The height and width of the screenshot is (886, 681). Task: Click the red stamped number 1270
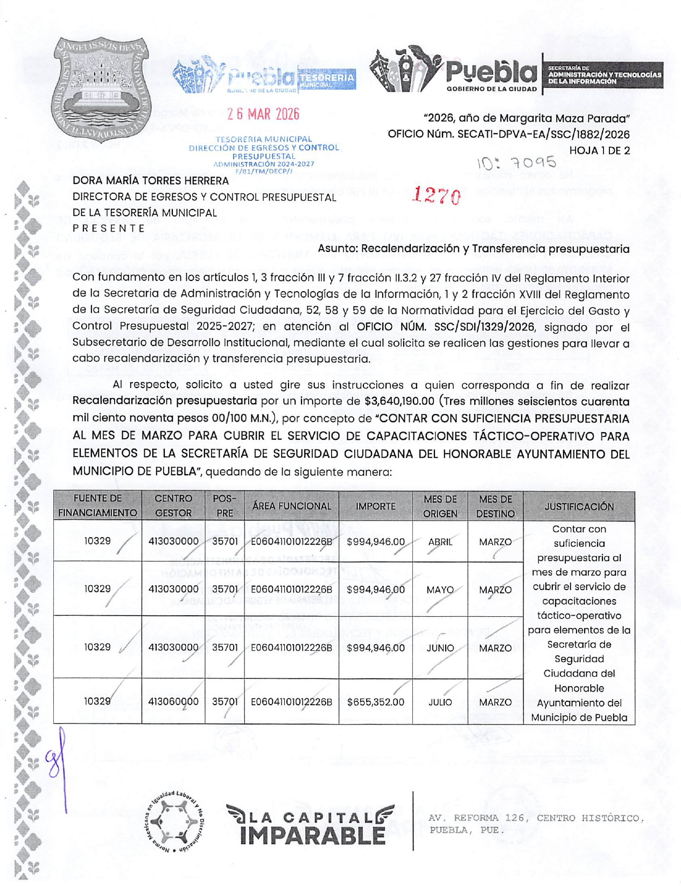point(437,196)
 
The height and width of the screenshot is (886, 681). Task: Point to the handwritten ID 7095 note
point(516,163)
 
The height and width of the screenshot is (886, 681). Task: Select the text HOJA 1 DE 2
point(599,151)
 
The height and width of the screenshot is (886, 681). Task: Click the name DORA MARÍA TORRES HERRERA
point(151,181)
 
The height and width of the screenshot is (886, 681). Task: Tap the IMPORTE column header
point(375,506)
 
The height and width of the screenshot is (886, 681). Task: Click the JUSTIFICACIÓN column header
point(579,506)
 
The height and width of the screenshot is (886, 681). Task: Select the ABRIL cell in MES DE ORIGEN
point(440,542)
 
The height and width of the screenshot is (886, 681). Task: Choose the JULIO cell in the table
point(440,702)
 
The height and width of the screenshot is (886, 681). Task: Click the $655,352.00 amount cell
point(375,702)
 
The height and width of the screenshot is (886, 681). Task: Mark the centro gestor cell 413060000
point(173,702)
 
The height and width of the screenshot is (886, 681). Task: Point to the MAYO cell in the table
point(440,590)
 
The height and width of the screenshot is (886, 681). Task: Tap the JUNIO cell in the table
point(440,648)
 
